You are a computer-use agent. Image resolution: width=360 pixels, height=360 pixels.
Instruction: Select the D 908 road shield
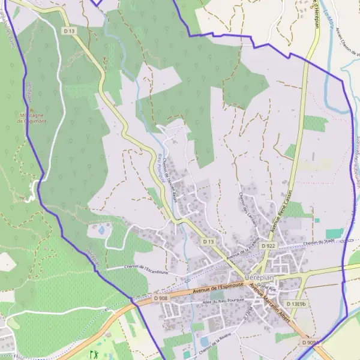coord(161,298)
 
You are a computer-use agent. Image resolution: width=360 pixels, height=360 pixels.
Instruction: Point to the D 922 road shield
coord(269,246)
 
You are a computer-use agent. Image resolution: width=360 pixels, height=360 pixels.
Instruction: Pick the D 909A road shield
coord(311,343)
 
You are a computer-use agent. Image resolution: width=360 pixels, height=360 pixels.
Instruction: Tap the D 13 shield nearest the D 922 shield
coord(208,241)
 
